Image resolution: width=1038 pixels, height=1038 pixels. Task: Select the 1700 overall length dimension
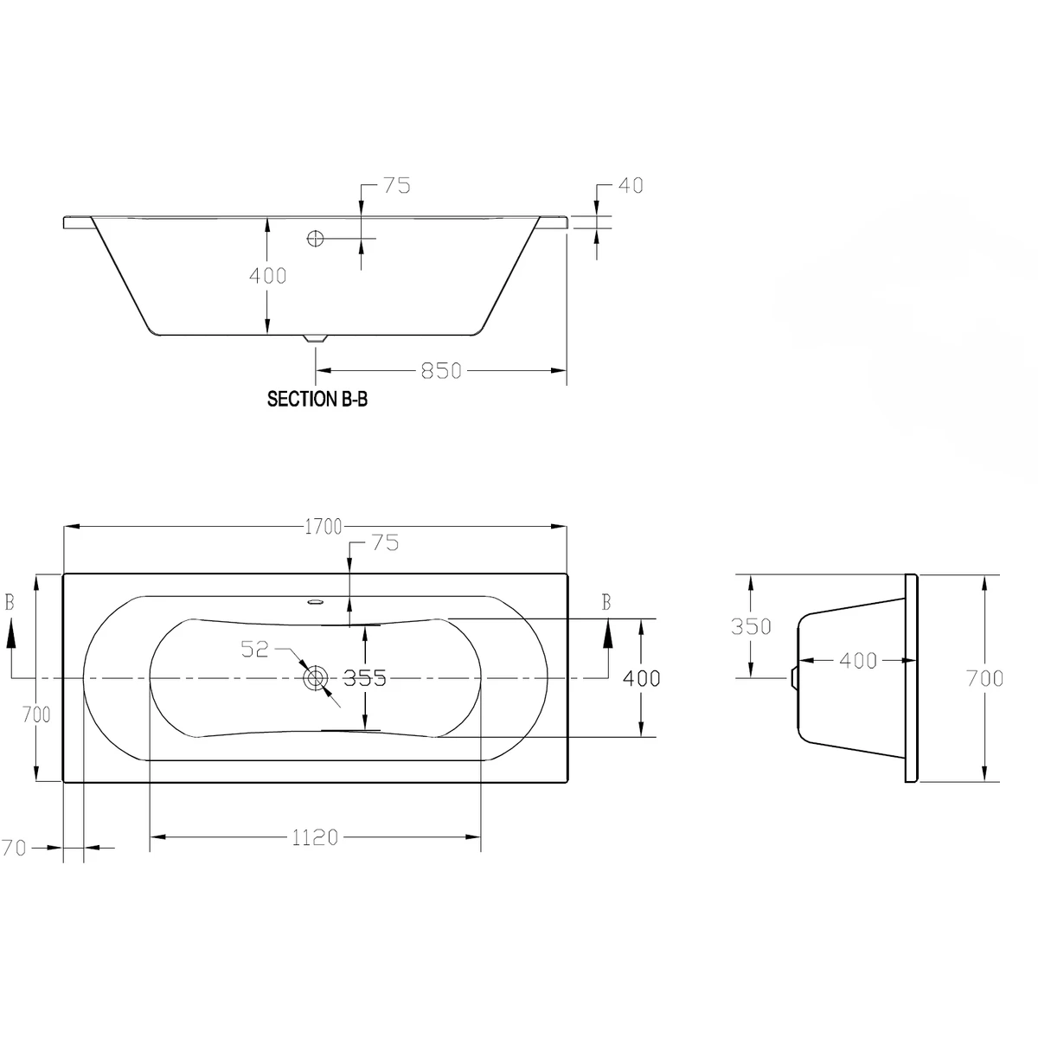323,526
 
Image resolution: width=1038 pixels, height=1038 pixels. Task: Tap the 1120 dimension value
315,837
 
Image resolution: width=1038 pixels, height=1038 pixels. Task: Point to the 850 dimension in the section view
441,370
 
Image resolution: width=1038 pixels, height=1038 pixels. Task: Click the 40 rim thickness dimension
631,185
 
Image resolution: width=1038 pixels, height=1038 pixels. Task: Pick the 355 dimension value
364,678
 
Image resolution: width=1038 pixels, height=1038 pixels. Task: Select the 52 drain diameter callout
255,649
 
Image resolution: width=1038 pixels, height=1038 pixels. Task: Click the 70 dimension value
13,849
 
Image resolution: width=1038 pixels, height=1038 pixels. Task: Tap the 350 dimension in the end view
750,625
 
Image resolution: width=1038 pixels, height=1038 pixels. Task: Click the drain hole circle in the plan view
316,678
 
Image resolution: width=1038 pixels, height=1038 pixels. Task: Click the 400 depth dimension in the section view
267,276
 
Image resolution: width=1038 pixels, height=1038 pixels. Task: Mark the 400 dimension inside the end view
858,661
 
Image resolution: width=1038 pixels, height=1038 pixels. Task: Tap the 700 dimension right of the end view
985,678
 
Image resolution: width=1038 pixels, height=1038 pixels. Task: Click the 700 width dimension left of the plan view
36,714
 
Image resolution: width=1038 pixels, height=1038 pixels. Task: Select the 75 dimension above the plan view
384,543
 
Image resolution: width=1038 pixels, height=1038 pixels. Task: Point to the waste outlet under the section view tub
316,339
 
